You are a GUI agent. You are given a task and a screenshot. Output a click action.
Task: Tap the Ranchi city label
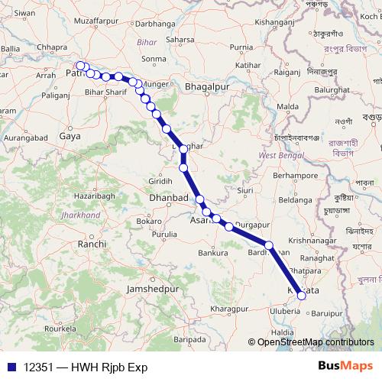[x=92, y=244]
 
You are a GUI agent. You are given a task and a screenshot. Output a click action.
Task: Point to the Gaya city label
[x=70, y=135]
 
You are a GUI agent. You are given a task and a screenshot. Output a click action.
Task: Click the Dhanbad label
[x=167, y=198]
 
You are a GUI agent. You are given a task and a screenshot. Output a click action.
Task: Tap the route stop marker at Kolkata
[x=302, y=294]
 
